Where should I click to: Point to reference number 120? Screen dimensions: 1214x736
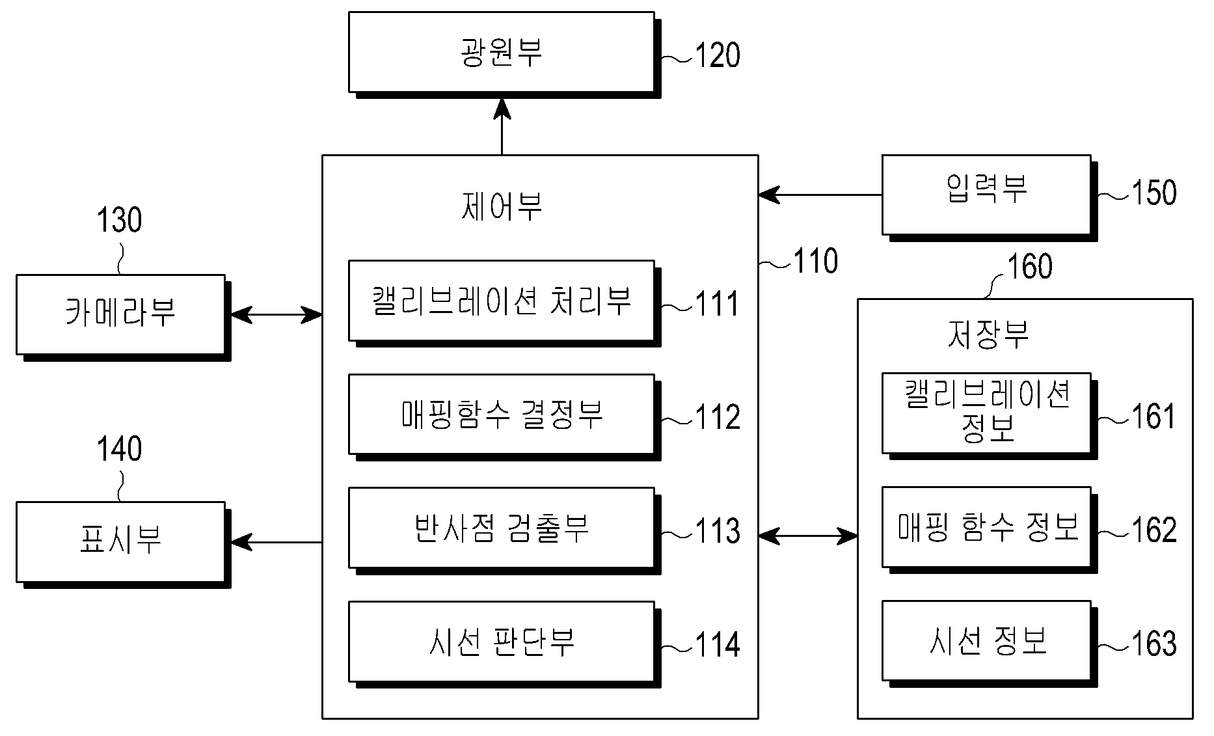[x=718, y=55]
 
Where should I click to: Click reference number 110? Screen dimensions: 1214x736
[x=816, y=261]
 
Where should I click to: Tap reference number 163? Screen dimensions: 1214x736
[x=1154, y=644]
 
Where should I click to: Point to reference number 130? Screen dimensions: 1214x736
[x=120, y=220]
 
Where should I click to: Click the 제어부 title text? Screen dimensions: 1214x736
[x=501, y=206]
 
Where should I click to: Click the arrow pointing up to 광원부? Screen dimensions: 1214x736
[x=502, y=127]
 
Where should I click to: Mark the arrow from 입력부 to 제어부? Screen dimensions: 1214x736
[x=820, y=195]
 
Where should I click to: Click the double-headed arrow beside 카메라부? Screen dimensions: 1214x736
[x=277, y=315]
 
